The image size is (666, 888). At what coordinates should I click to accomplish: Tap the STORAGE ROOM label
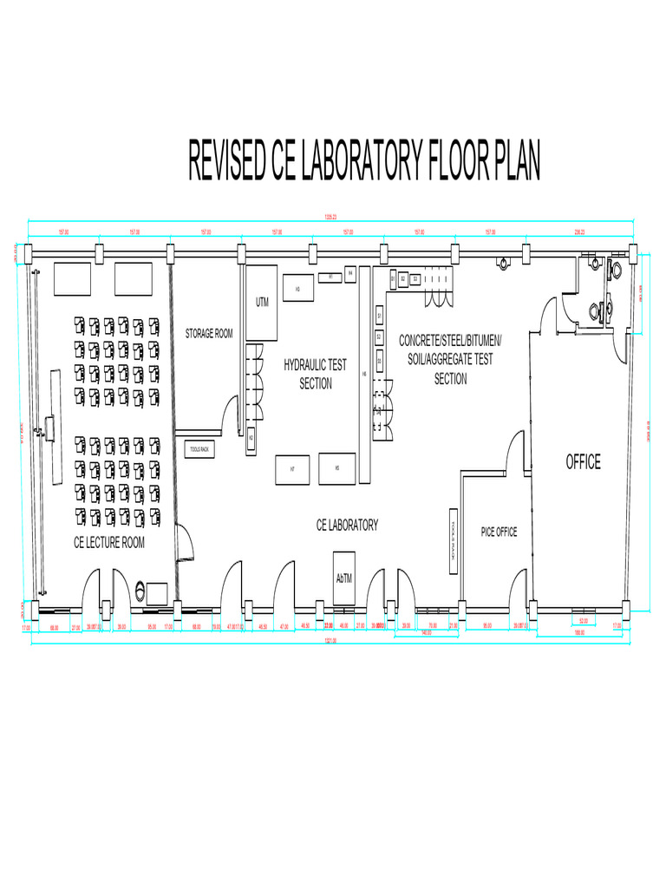click(209, 333)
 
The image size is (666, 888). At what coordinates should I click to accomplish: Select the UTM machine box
click(261, 304)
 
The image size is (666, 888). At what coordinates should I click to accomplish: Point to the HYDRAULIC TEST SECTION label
click(315, 375)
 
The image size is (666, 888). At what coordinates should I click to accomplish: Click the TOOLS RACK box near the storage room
click(200, 449)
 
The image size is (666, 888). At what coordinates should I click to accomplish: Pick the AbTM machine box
click(344, 578)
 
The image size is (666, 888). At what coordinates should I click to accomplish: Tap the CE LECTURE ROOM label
click(109, 543)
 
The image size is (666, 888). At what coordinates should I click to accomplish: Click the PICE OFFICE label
click(499, 532)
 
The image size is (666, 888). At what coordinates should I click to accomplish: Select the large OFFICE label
click(583, 462)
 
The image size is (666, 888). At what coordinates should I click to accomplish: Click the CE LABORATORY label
click(347, 525)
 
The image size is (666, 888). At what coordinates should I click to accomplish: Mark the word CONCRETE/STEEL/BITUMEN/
click(450, 340)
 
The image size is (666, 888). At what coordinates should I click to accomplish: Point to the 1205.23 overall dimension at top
click(330, 217)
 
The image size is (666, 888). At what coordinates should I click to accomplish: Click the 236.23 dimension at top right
click(579, 232)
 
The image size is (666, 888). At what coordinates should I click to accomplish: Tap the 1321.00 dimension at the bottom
click(330, 641)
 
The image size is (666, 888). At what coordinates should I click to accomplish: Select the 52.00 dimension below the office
click(583, 621)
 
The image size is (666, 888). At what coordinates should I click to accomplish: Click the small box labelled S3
click(415, 278)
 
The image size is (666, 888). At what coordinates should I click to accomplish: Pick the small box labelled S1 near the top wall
click(393, 278)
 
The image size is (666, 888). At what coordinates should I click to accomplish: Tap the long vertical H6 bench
click(365, 373)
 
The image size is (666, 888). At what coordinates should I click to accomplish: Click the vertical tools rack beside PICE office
click(454, 539)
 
